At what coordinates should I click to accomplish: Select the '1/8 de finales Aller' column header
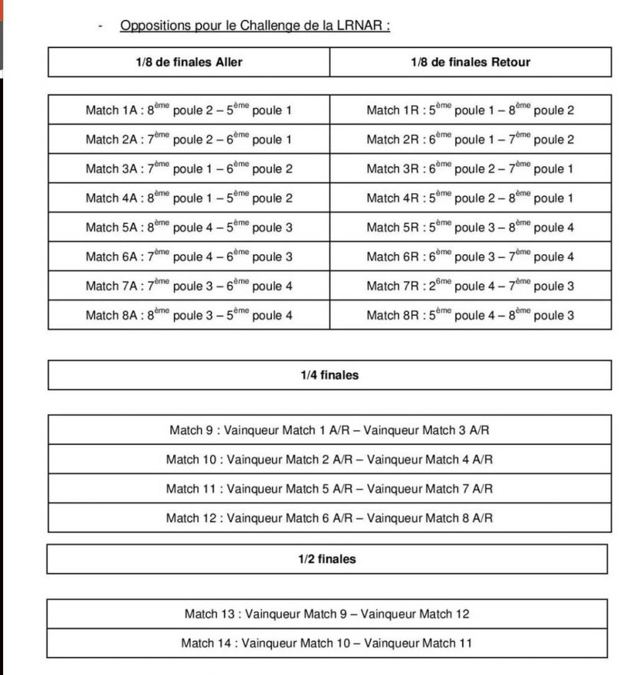click(x=189, y=62)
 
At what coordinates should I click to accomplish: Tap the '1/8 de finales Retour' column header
click(x=470, y=62)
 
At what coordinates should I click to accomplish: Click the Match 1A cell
click(x=189, y=110)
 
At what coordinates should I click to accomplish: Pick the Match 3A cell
click(x=189, y=169)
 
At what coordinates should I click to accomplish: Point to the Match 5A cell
click(x=189, y=228)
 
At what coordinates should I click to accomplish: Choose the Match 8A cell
click(x=189, y=315)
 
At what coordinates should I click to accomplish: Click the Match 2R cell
click(x=470, y=139)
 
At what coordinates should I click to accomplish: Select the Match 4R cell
click(x=470, y=198)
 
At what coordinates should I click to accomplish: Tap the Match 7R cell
click(x=470, y=286)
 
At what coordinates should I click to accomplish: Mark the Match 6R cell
click(x=470, y=257)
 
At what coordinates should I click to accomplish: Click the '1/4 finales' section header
click(x=329, y=375)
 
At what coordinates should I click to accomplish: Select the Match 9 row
click(x=329, y=430)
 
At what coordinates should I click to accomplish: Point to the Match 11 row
click(x=329, y=488)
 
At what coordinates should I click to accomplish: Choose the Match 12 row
click(x=329, y=517)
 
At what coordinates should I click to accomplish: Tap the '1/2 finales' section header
click(x=327, y=559)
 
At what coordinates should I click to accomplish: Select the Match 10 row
click(x=329, y=459)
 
